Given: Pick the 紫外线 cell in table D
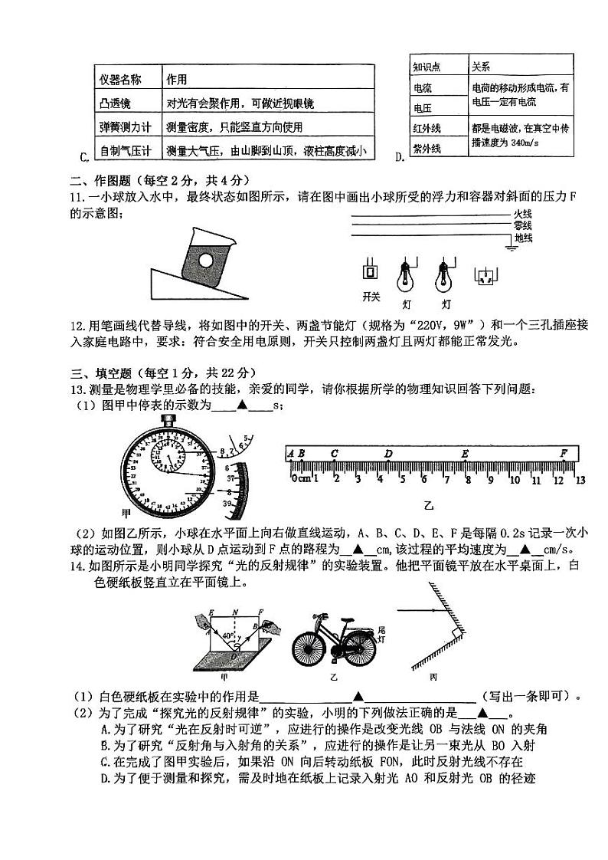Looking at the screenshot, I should [427, 148].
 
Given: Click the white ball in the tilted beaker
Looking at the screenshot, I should [206, 261].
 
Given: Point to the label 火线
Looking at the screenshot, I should [523, 213].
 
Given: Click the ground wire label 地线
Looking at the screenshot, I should [523, 238].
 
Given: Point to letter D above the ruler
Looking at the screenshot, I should [389, 454].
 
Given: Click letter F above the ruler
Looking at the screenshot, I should [564, 453].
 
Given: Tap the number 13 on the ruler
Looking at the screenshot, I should [580, 480].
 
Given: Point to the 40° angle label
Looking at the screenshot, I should [227, 635].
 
